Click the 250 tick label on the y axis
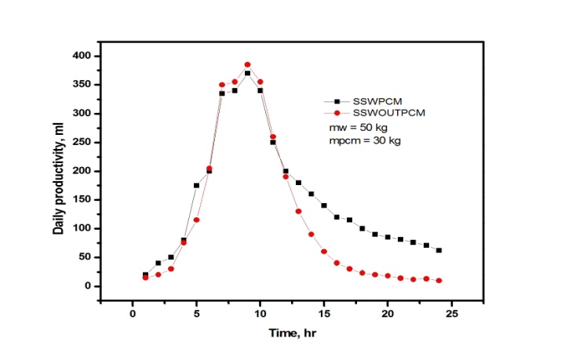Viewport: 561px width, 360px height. tap(82, 142)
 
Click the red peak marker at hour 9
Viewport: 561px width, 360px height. tap(247, 65)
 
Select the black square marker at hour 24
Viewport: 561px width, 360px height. tap(439, 250)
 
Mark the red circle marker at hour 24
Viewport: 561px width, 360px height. tap(439, 281)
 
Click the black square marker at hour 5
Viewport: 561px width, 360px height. tap(196, 185)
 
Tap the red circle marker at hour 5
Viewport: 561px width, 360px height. tap(196, 220)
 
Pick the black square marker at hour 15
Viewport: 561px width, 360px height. tap(324, 205)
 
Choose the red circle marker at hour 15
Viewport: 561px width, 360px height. tap(324, 252)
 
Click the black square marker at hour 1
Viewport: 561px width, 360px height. tap(145, 275)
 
